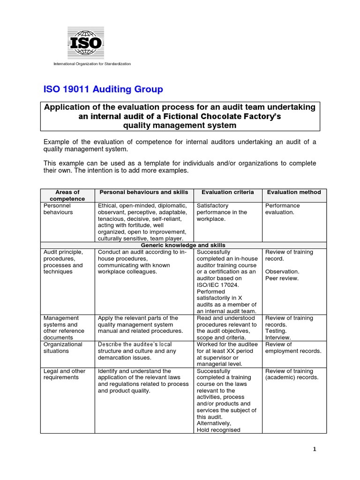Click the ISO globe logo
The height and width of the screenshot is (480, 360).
[x=85, y=42]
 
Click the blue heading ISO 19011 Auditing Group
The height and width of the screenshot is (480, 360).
[x=103, y=89]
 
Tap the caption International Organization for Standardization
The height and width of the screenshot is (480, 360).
[x=92, y=64]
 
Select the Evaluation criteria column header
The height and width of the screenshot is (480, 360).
[x=228, y=192]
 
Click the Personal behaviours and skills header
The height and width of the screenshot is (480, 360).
[x=144, y=192]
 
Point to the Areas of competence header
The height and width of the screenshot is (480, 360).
[x=67, y=195]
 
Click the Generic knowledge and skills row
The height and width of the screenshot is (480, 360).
[x=183, y=245]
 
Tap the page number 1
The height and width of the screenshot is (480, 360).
[x=315, y=449]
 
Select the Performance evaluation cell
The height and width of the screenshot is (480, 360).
[x=283, y=209]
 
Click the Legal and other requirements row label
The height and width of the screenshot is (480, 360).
[x=65, y=374]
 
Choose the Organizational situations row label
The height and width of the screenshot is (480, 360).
[x=63, y=347]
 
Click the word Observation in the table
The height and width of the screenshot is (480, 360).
[x=282, y=271]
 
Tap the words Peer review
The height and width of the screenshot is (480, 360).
[x=282, y=278]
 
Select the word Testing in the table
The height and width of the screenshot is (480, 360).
[x=276, y=330]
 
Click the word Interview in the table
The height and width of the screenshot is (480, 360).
[x=278, y=337]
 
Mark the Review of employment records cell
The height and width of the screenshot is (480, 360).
[x=293, y=347]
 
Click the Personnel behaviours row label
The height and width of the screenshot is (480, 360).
[x=58, y=209]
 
